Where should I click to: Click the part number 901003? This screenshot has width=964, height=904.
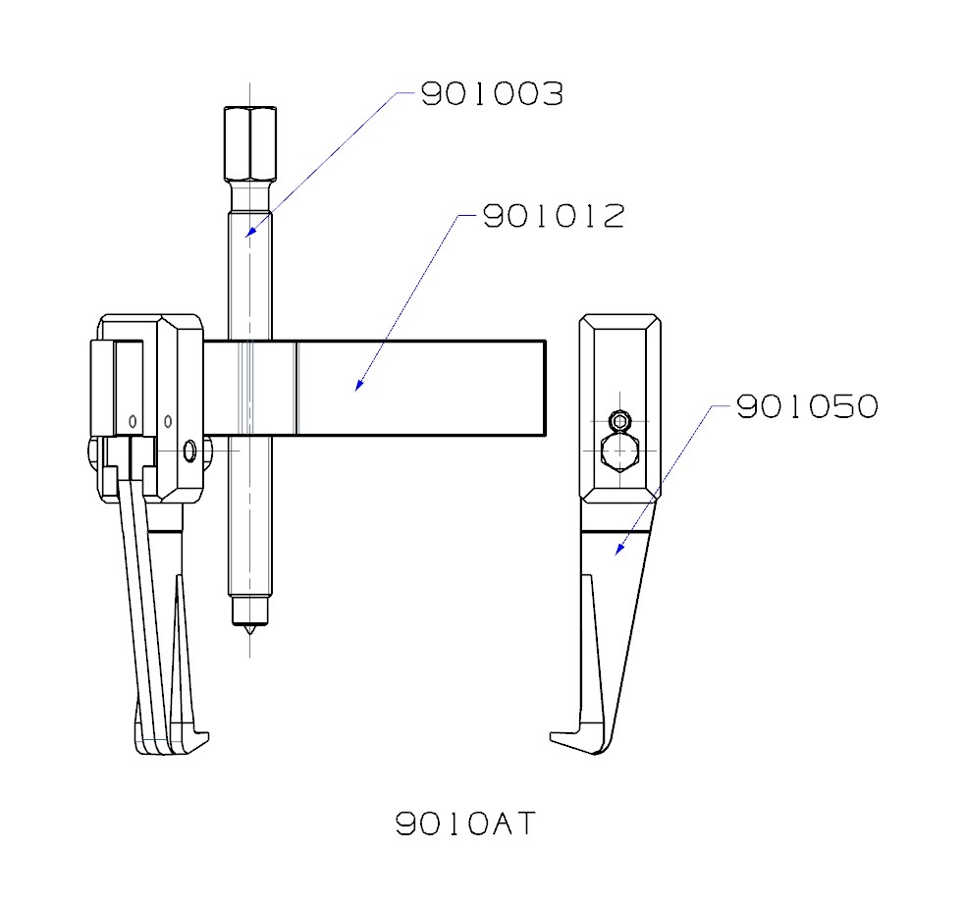pos(492,95)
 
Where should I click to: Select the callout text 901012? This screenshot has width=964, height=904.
pos(553,217)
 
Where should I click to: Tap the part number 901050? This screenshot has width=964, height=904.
pos(806,406)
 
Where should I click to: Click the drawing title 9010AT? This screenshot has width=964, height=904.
pos(466,823)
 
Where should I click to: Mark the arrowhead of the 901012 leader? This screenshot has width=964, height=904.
pos(358,388)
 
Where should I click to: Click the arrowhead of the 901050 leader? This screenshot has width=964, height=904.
pos(617,553)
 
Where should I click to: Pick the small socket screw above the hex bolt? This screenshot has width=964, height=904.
pos(619,422)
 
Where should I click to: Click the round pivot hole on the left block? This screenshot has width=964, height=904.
pos(189,451)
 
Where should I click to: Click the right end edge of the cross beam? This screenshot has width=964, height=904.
pos(545,387)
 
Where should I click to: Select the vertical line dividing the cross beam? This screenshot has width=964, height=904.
pos(296,387)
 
